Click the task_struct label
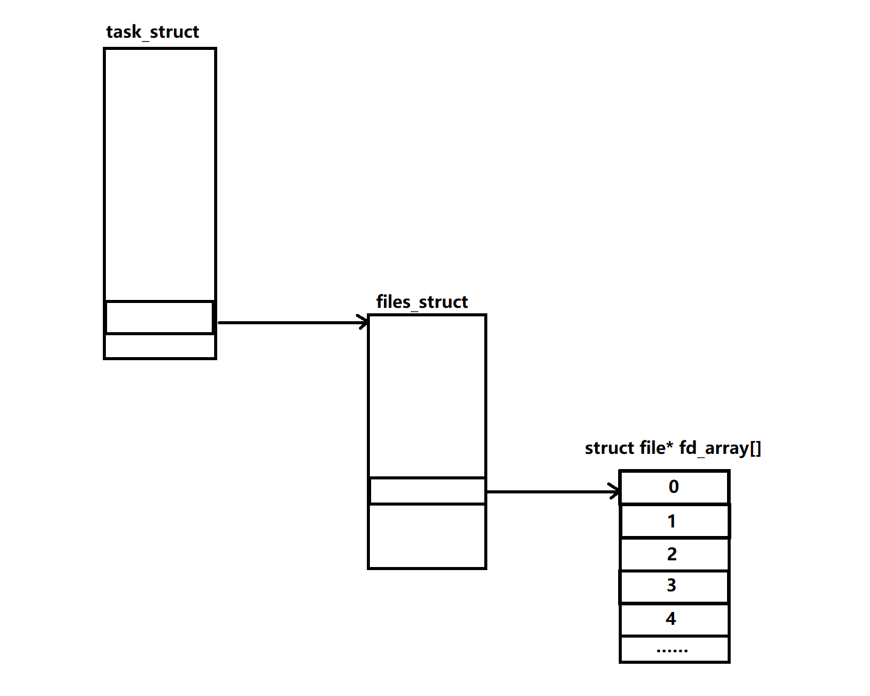coord(152,32)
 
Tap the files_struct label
coord(422,302)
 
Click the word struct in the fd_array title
coord(609,448)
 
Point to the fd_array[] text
coord(720,448)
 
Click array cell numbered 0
coord(673,487)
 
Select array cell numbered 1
coord(673,521)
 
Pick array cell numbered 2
coord(673,554)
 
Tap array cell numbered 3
coord(673,586)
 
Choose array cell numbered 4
coord(673,619)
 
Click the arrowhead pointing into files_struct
coord(363,322)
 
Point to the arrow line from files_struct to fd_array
coord(548,492)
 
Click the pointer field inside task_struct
coord(159,317)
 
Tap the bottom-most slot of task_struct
coord(159,346)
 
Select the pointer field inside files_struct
coord(426,491)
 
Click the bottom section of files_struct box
coord(426,536)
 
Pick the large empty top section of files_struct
coord(426,395)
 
